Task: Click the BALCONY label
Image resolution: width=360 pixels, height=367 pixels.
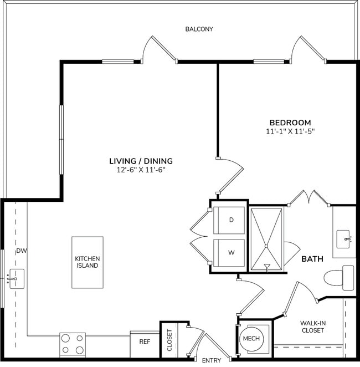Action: point(199,29)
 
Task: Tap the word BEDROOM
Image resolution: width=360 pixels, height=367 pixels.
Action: point(290,123)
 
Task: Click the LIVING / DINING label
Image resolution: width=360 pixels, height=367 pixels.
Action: point(141,161)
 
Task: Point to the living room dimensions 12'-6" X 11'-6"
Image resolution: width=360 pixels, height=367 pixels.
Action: point(141,170)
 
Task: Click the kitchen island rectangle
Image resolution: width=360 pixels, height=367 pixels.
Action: point(87,262)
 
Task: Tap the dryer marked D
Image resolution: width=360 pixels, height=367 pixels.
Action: point(230,220)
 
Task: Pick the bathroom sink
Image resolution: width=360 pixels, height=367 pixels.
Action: point(345,239)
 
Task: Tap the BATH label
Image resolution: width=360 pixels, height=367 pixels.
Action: point(312,259)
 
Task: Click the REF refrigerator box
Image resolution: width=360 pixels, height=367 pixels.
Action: point(144,343)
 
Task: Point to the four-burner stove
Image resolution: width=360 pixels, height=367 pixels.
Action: point(73,344)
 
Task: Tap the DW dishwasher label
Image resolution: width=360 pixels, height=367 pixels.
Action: point(22,251)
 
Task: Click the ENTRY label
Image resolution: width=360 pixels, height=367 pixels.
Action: point(212,360)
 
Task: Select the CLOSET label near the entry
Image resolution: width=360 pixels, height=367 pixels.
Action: point(169,341)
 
